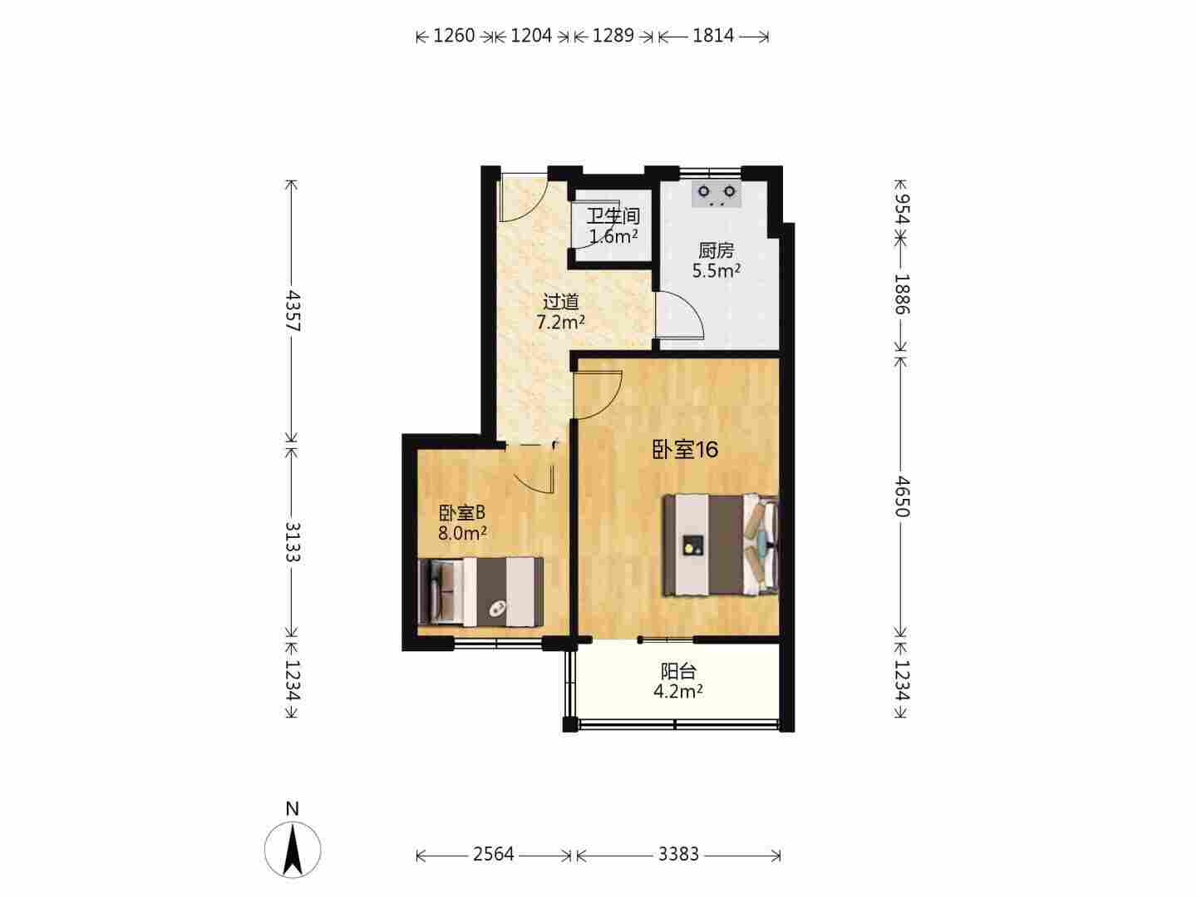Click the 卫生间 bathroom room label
pos(613,216)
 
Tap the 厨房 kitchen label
pos(716,251)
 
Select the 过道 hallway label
pos(560,302)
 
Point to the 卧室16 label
pos(686,450)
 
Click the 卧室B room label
pos(462,513)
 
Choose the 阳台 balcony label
pos(678,671)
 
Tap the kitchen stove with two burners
pos(717,195)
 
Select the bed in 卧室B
pos(480,591)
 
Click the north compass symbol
pos(293,850)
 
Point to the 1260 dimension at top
pos(454,36)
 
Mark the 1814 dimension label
pos(713,36)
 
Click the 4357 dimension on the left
pos(293,311)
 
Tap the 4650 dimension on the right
pos(902,496)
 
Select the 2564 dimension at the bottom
pos(494,854)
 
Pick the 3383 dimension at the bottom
pos(679,854)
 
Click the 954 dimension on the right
pos(902,208)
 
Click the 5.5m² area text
pos(716,270)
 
